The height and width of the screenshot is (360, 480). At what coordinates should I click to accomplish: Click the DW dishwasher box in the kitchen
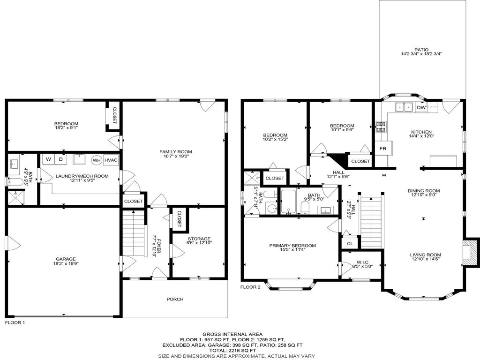tap(421, 107)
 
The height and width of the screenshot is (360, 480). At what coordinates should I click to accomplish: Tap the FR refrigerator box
tap(383, 148)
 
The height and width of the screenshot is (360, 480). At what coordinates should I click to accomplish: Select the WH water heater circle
tap(97, 160)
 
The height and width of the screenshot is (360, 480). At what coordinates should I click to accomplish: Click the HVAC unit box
tap(111, 160)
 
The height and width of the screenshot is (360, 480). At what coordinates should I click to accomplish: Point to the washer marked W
tap(48, 159)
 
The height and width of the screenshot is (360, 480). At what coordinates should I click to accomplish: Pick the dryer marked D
tap(60, 159)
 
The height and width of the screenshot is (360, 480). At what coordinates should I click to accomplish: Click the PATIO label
tap(421, 50)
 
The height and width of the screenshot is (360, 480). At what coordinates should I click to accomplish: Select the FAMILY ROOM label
tap(176, 151)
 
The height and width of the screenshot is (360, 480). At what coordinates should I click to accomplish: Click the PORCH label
tap(175, 299)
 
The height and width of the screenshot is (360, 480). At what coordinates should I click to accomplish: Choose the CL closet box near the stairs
tap(350, 243)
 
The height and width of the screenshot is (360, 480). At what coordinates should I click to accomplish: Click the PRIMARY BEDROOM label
tap(292, 246)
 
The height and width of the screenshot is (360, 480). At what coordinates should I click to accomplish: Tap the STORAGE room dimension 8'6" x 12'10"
tap(199, 243)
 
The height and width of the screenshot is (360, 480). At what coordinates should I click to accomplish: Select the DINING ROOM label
tap(424, 190)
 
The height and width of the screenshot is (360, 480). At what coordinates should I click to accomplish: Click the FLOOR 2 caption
tap(250, 287)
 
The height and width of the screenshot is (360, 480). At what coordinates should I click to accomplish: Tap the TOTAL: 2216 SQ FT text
tap(239, 350)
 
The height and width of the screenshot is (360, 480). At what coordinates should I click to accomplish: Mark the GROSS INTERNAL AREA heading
tap(239, 334)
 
